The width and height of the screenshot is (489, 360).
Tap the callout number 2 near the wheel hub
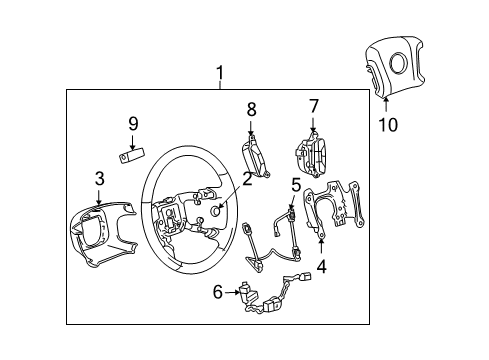[x=246, y=179]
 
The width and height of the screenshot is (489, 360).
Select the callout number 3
[x=99, y=179]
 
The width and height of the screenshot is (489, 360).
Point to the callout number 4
[x=321, y=267]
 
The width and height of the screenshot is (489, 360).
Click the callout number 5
[x=296, y=184]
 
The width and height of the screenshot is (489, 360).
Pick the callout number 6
[x=218, y=293]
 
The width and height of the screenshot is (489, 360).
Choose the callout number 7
[x=313, y=105]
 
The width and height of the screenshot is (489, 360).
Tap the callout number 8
[x=252, y=108]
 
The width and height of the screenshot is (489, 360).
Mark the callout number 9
[x=132, y=124]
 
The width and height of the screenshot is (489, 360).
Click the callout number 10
[x=386, y=126]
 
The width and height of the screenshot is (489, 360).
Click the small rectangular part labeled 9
[x=131, y=156]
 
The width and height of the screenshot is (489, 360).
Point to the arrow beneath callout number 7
[x=313, y=125]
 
